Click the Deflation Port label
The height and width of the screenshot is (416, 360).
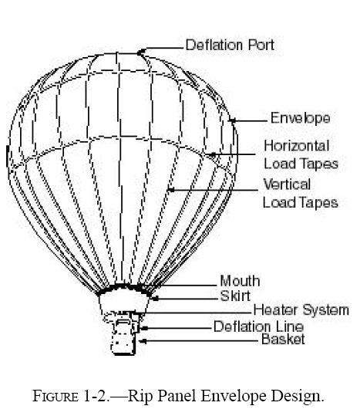(230, 45)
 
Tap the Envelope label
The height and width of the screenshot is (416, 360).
(300, 118)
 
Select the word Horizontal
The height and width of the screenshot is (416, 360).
(297, 146)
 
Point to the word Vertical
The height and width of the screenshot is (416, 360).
(287, 184)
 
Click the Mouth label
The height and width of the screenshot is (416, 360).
(240, 281)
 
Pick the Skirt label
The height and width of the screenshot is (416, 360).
(235, 296)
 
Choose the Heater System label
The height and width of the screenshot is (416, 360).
(301, 310)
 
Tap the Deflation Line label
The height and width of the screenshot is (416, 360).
(258, 326)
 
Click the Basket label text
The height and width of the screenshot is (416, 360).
(283, 340)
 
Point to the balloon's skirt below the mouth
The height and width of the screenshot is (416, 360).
(124, 301)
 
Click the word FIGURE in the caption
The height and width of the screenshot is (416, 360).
(56, 397)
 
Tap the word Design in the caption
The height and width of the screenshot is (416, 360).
(298, 397)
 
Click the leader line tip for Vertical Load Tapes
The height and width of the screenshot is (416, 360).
(171, 190)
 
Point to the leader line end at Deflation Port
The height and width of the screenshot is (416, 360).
(140, 52)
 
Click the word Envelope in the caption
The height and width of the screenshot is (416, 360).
(234, 397)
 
